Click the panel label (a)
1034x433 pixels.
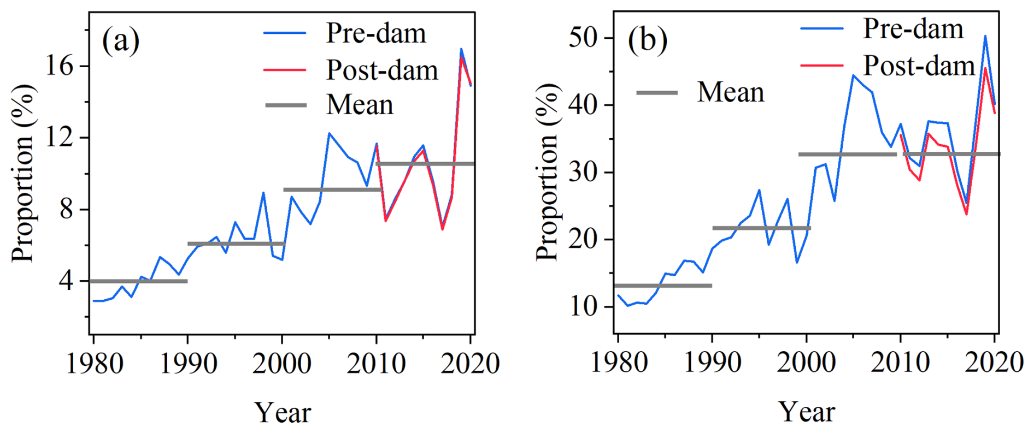[x=121, y=41]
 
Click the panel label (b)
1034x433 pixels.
[x=647, y=40]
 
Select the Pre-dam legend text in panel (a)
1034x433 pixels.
[x=376, y=33]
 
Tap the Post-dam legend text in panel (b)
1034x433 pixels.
[x=919, y=66]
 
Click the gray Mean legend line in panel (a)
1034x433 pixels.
[x=286, y=105]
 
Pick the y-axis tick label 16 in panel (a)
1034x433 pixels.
[x=60, y=66]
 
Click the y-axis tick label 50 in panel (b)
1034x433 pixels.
[x=584, y=38]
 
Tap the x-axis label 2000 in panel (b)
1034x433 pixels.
[x=806, y=362]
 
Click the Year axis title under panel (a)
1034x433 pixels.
[x=283, y=412]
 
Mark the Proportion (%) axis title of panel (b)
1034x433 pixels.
[x=548, y=172]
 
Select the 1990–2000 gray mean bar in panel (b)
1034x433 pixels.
[x=761, y=228]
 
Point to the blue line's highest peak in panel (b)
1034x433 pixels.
[x=985, y=37]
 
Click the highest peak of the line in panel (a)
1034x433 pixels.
[x=461, y=49]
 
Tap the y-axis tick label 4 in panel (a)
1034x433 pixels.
[x=66, y=281]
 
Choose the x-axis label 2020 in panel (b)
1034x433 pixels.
[x=994, y=362]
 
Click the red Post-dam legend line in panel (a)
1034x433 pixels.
[x=285, y=70]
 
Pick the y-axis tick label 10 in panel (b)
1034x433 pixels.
[x=584, y=307]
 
